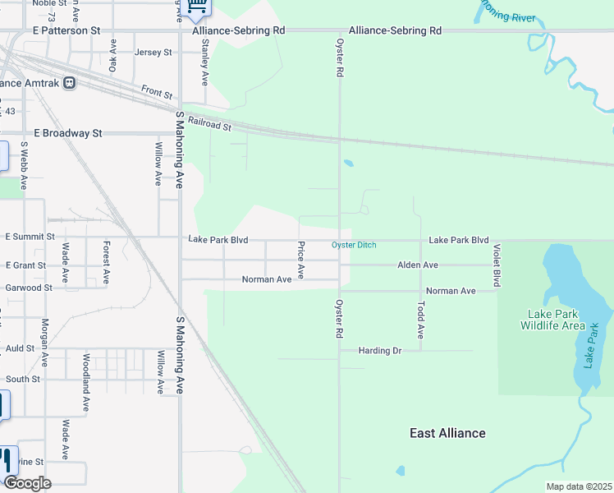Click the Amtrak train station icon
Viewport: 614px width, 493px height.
click(70, 83)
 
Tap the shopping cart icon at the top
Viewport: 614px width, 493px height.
click(197, 7)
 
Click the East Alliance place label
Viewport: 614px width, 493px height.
click(447, 433)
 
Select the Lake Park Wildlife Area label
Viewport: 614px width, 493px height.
click(553, 320)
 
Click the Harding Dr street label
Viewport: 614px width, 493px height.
click(379, 351)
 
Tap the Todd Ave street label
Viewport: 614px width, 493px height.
click(420, 320)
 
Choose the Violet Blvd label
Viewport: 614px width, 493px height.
click(496, 265)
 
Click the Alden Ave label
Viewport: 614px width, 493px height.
click(417, 265)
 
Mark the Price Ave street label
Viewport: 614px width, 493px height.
click(301, 260)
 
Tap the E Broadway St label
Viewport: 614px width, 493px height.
click(67, 133)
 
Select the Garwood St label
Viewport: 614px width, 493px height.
click(28, 288)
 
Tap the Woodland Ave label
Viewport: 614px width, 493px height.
click(85, 382)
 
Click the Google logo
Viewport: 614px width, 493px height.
click(26, 483)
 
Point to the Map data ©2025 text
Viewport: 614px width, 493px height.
click(578, 486)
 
